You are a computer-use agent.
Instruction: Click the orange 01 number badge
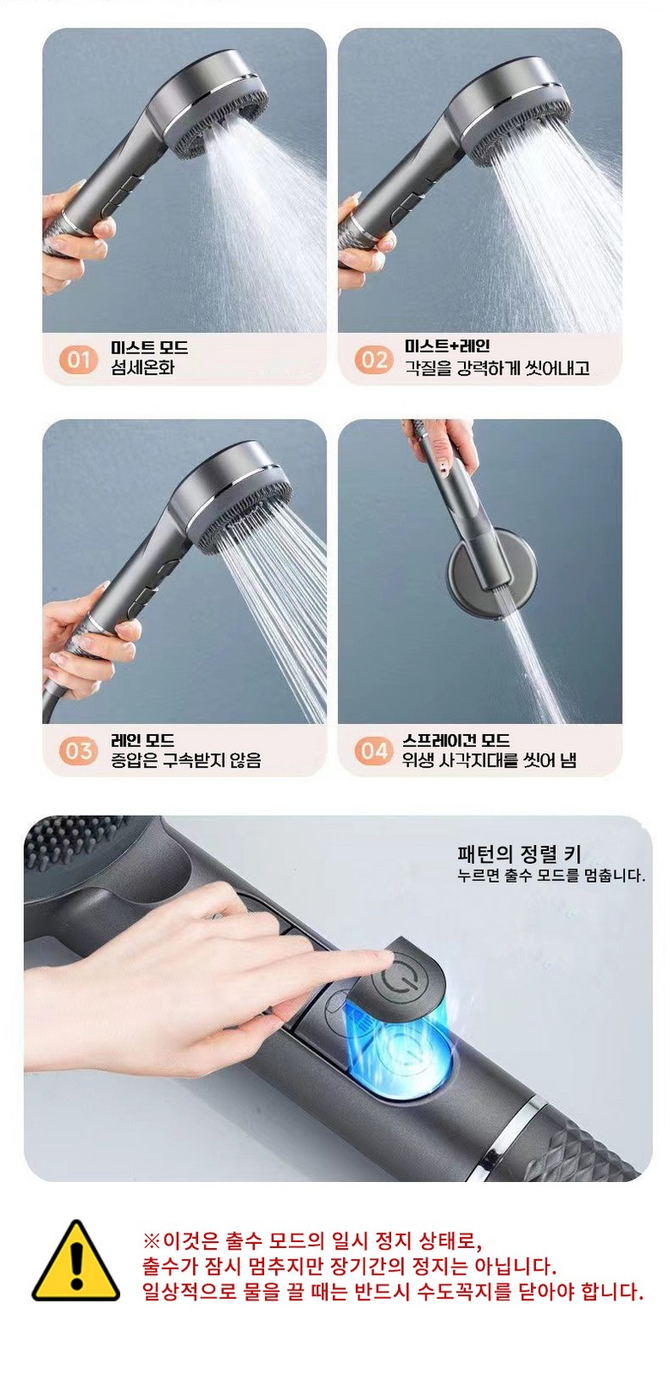78,359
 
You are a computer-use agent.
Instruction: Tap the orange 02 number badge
374,359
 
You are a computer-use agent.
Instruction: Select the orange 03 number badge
78,751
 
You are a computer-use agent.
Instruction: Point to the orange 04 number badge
374,751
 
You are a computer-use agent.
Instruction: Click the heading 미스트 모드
149,347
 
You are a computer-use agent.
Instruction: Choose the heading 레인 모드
142,739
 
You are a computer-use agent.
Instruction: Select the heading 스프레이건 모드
456,739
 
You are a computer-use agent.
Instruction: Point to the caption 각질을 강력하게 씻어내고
497,368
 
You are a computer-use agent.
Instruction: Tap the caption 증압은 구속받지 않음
186,760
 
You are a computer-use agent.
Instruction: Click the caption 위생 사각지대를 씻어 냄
490,760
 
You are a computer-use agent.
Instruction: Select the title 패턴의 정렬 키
519,854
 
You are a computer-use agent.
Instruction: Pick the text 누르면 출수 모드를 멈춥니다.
551,876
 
